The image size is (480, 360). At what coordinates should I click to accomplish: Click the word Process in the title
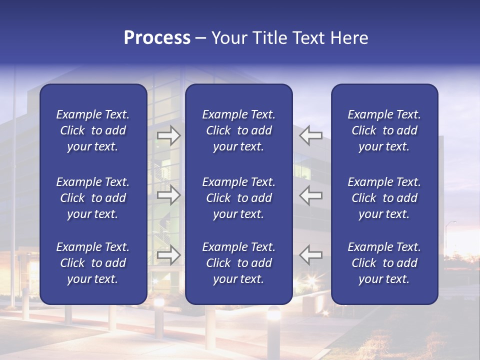click(x=157, y=38)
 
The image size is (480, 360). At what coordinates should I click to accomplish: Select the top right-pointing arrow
click(x=168, y=135)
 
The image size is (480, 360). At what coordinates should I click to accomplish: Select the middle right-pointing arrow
click(x=168, y=195)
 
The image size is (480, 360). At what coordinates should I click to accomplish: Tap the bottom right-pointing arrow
click(x=168, y=255)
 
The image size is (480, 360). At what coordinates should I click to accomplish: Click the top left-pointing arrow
click(x=311, y=135)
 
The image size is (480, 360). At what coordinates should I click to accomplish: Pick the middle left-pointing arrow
click(x=311, y=195)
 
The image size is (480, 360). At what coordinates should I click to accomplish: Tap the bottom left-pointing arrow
click(x=311, y=255)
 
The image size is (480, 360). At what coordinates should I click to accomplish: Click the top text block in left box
click(x=93, y=130)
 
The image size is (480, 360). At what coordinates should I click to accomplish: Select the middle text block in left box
click(x=93, y=198)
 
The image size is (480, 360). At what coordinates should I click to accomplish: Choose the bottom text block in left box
click(x=93, y=263)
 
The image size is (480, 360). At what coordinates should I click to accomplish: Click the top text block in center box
click(x=238, y=130)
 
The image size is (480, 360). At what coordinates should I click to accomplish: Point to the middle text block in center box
click(x=238, y=198)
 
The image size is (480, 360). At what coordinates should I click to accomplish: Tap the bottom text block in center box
click(x=238, y=263)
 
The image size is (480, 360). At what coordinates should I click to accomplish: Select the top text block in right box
click(x=384, y=130)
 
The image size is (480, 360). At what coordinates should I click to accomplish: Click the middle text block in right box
click(x=384, y=198)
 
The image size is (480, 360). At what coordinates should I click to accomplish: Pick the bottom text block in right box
click(x=384, y=263)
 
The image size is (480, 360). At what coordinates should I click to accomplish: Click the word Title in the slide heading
click(x=268, y=38)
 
